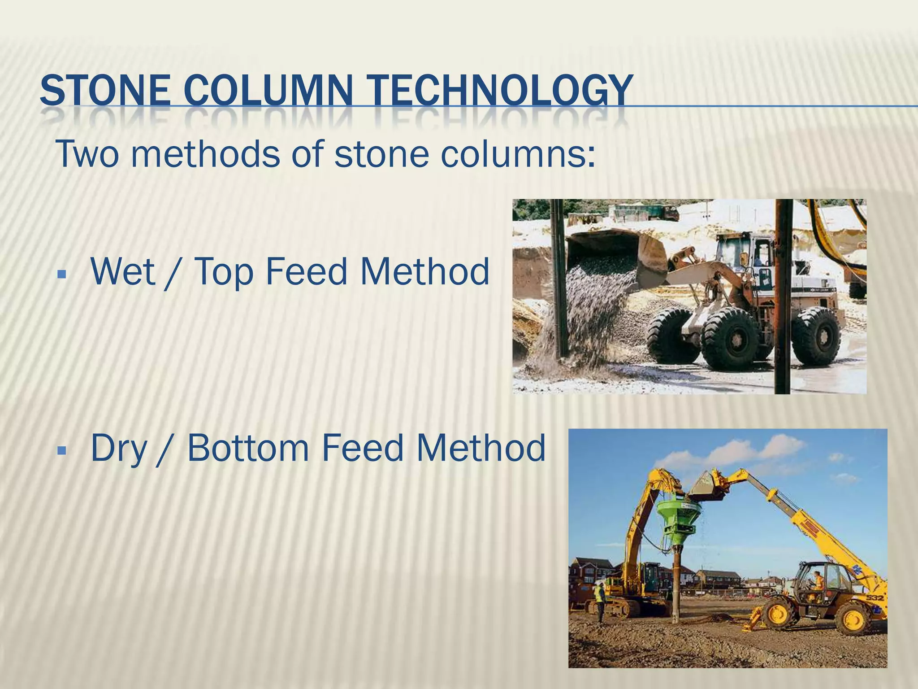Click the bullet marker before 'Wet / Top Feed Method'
(62, 273)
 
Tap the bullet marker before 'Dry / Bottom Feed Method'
(62, 449)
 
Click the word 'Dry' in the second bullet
(119, 449)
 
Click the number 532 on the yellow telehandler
(874, 598)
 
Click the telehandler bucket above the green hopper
(708, 487)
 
